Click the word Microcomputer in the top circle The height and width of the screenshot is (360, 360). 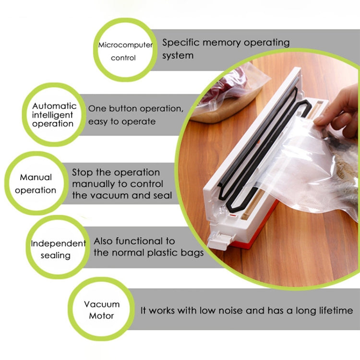pos(125,45)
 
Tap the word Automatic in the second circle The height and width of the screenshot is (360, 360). pos(54,106)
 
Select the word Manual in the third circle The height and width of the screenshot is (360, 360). pos(36,177)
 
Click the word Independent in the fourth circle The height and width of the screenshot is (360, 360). pos(58,243)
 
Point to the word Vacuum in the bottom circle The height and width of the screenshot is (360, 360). pos(102,304)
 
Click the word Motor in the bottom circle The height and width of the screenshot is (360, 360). pos(102,316)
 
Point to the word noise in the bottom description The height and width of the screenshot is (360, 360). pos(229,311)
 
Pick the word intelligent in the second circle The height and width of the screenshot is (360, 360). pos(53,115)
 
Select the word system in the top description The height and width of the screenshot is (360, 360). pos(178,55)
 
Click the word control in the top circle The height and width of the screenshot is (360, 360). pos(123,58)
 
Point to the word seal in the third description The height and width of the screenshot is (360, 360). pos(162,195)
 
